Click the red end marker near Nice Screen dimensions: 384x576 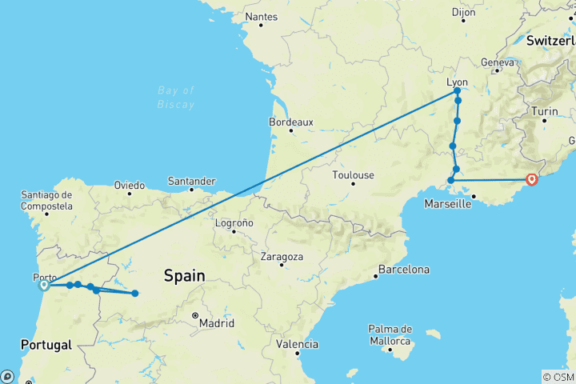click(532, 180)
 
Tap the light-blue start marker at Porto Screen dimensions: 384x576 click(45, 285)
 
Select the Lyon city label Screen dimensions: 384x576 click(457, 82)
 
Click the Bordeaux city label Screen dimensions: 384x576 click(291, 122)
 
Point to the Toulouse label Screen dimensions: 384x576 click(353, 175)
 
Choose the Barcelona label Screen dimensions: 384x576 click(404, 270)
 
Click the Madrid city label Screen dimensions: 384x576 click(217, 323)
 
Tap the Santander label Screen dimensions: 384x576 click(192, 181)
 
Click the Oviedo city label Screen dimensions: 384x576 click(129, 185)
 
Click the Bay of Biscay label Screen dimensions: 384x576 click(176, 97)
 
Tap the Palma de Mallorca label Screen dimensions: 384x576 click(390, 335)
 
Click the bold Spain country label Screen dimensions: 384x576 click(184, 276)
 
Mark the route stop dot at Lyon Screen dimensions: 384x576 click(456, 91)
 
